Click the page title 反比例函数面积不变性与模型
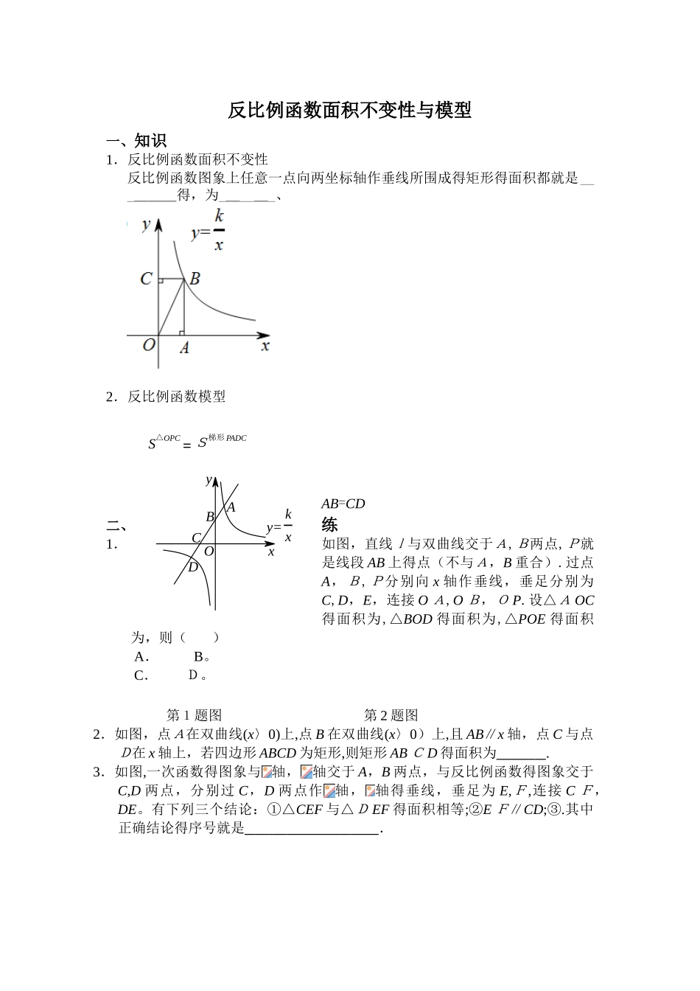(x=349, y=111)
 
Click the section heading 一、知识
(x=136, y=141)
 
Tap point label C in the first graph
(x=146, y=279)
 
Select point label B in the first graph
(x=195, y=279)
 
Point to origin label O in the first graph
(x=148, y=344)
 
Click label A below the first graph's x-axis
(x=184, y=348)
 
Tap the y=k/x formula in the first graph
(x=208, y=231)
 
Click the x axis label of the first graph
(x=265, y=345)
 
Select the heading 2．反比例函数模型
(x=166, y=397)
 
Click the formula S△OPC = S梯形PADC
(x=197, y=442)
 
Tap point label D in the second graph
(x=192, y=567)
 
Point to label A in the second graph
(x=231, y=507)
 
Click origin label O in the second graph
(x=209, y=552)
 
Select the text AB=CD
(x=343, y=504)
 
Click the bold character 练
(x=329, y=525)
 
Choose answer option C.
(x=141, y=675)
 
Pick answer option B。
(x=202, y=656)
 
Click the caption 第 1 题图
(x=195, y=714)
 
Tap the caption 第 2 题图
(x=391, y=714)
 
